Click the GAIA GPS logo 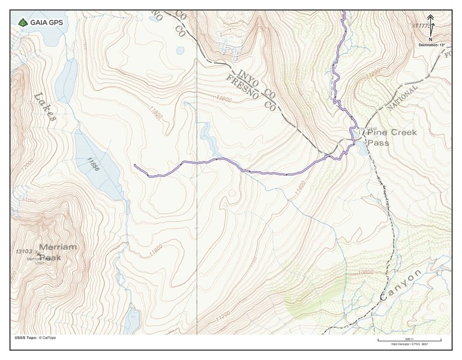41,22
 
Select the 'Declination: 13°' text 430,44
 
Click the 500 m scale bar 409,340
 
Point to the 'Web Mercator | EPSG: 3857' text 409,345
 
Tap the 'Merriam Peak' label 58,252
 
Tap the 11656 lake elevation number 91,164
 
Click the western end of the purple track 135,165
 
